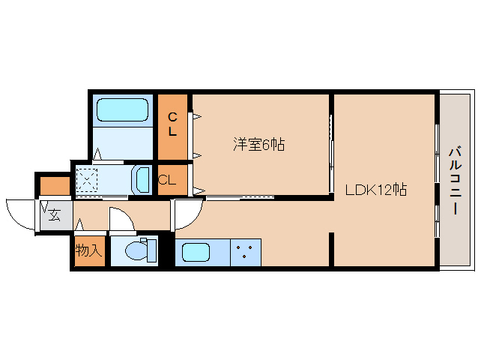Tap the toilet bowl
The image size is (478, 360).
tap(136, 250)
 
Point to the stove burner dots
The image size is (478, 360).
tap(245, 251)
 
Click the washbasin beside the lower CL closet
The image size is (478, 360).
tap(142, 180)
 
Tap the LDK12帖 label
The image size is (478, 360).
tap(375, 190)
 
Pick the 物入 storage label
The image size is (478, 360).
tap(88, 250)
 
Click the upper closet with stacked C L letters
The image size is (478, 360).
tap(172, 124)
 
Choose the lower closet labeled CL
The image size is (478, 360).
tap(168, 180)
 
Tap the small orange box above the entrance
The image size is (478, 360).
tap(54, 184)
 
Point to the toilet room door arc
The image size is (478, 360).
tap(120, 220)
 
